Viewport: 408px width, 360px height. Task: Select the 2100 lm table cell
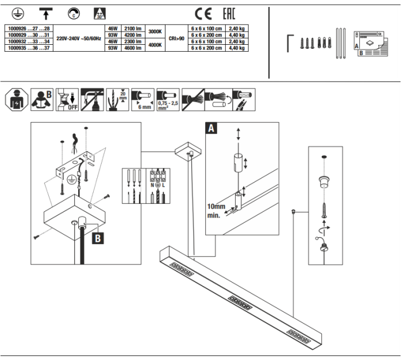[x=133, y=29]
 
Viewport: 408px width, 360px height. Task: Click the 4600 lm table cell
[x=133, y=48]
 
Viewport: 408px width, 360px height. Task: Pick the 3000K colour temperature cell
[x=155, y=32]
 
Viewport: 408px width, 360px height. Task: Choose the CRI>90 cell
[x=175, y=38]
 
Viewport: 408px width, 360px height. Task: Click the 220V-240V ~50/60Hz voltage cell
[x=79, y=38]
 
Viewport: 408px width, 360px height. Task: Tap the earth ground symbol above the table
[x=17, y=13]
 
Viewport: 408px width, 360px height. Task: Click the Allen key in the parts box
[x=290, y=43]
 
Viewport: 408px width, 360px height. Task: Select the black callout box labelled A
[x=211, y=129]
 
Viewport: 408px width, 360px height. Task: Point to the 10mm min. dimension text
[x=219, y=211]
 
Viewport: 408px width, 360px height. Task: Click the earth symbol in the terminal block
[x=158, y=186]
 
